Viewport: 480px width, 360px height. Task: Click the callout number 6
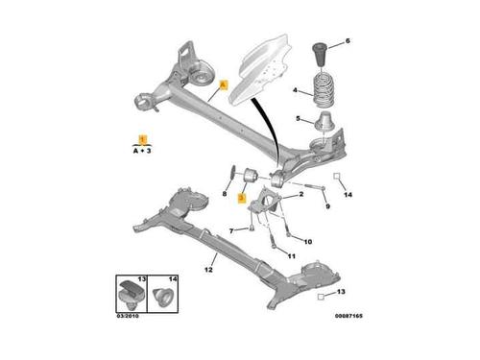coord(348,41)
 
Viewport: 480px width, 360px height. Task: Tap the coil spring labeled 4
coord(324,90)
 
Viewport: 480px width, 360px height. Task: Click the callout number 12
coord(208,270)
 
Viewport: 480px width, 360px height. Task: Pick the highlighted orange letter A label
coord(224,85)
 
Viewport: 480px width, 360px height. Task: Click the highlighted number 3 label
coord(242,199)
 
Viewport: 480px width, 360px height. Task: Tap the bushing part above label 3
coord(251,175)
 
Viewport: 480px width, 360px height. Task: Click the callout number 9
coord(327,206)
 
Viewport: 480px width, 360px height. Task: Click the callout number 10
coord(308,242)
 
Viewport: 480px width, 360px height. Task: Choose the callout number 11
coord(291,256)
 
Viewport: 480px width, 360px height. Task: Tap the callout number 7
coord(231,230)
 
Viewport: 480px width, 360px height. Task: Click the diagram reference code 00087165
coord(348,316)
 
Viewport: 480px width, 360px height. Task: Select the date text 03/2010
coord(128,316)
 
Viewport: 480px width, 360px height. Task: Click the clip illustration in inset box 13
coord(132,294)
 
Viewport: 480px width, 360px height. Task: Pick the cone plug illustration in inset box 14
coord(162,296)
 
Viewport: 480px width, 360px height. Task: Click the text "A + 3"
coord(142,151)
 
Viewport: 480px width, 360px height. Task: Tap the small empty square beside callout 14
coord(336,176)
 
